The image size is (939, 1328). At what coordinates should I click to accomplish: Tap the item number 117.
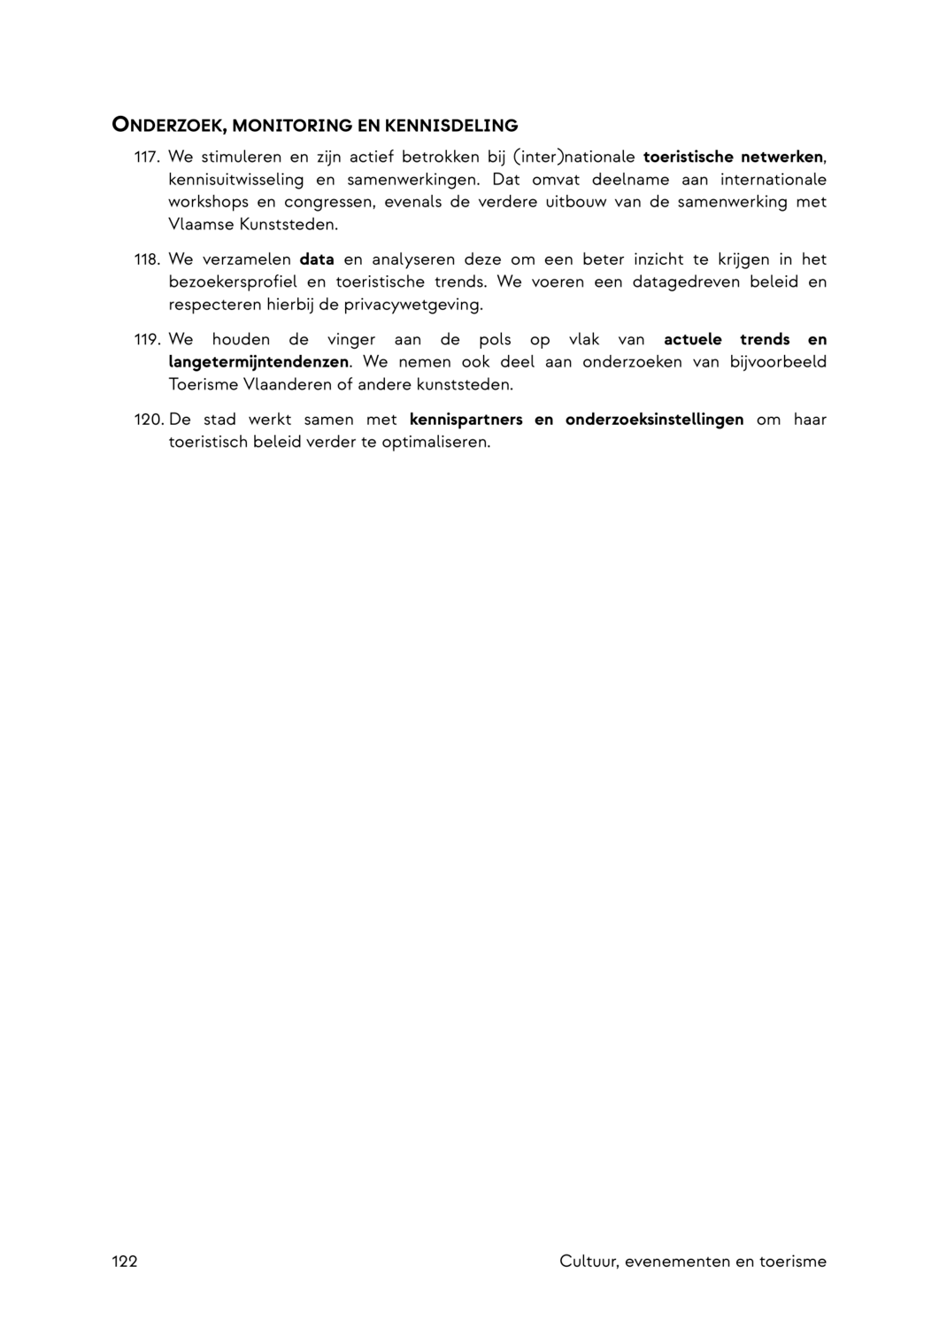(x=147, y=158)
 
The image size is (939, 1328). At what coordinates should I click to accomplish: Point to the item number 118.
(x=147, y=260)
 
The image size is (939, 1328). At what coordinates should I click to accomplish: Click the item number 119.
(x=147, y=340)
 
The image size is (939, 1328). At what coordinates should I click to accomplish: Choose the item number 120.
(x=149, y=420)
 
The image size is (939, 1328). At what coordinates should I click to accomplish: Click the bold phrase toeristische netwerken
(x=733, y=158)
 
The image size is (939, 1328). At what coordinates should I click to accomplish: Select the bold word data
(x=317, y=260)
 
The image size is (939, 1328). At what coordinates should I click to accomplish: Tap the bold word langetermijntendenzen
(x=258, y=362)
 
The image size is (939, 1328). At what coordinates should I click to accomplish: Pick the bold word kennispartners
(x=466, y=420)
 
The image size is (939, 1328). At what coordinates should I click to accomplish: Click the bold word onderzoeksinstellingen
(x=654, y=420)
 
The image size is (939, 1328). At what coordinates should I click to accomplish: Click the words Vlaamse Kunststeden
(x=253, y=225)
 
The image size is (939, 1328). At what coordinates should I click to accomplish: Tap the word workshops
(x=208, y=202)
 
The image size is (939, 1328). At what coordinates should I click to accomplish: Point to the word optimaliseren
(x=435, y=442)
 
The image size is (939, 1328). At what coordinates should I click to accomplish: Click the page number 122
(x=125, y=1262)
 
